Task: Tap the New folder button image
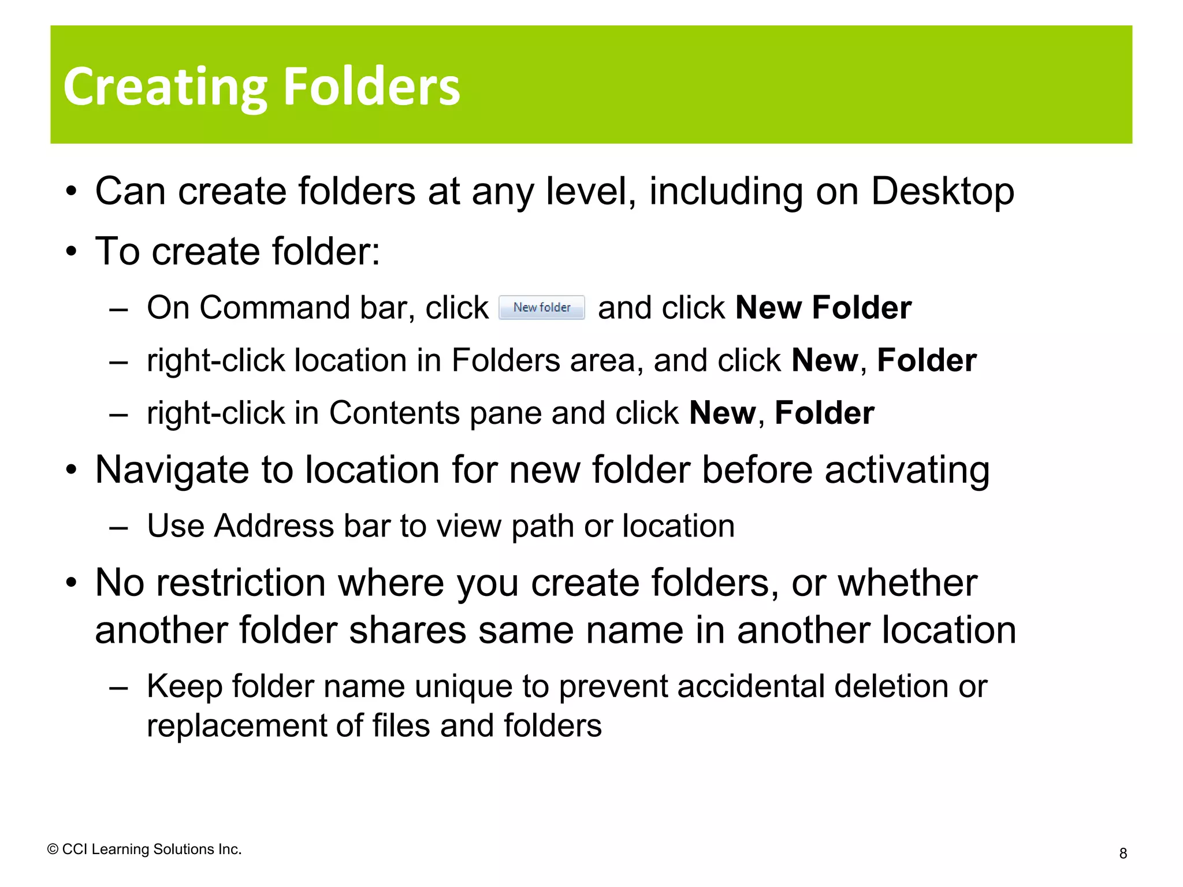[x=542, y=307]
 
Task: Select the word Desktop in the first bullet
[x=942, y=191]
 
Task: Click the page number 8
[x=1123, y=854]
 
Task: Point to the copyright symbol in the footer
[x=53, y=849]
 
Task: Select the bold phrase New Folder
[x=823, y=307]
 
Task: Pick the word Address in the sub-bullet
[x=274, y=526]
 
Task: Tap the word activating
[x=907, y=470]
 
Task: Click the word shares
[x=407, y=630]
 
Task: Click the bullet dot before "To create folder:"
[x=71, y=252]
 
